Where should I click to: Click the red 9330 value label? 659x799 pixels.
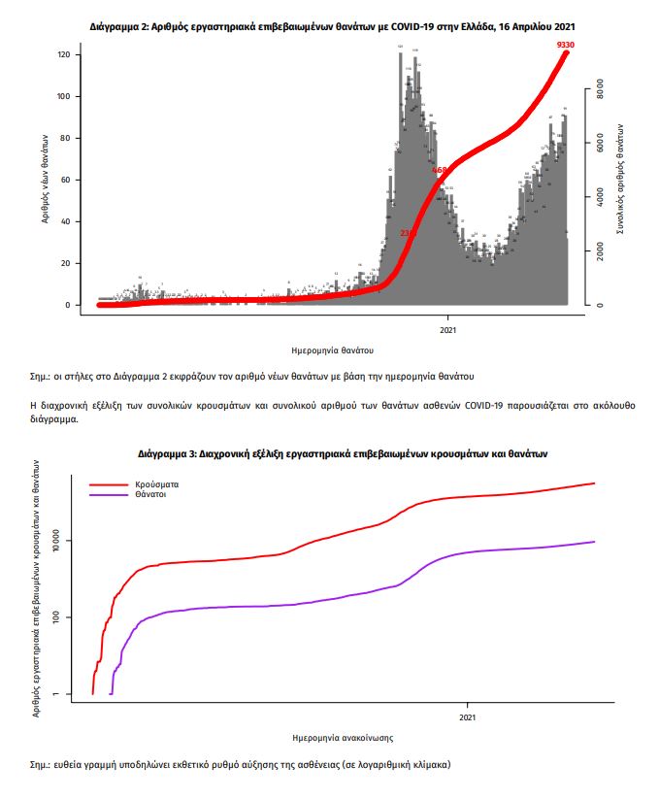[565, 46]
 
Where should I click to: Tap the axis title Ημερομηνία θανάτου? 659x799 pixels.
[333, 350]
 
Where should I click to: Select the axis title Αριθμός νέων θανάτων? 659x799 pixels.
[46, 180]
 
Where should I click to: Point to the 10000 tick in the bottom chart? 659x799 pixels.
[56, 540]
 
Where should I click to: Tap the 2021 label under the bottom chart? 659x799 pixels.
[467, 717]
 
